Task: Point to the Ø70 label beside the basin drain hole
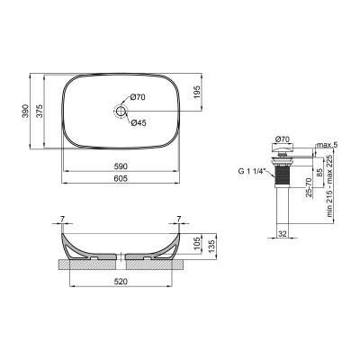pyautogui.click(x=137, y=97)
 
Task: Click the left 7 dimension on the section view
pyautogui.click(x=64, y=219)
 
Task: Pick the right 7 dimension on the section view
pyautogui.click(x=180, y=219)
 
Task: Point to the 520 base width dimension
pyautogui.click(x=122, y=281)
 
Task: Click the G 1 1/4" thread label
pyautogui.click(x=246, y=167)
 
